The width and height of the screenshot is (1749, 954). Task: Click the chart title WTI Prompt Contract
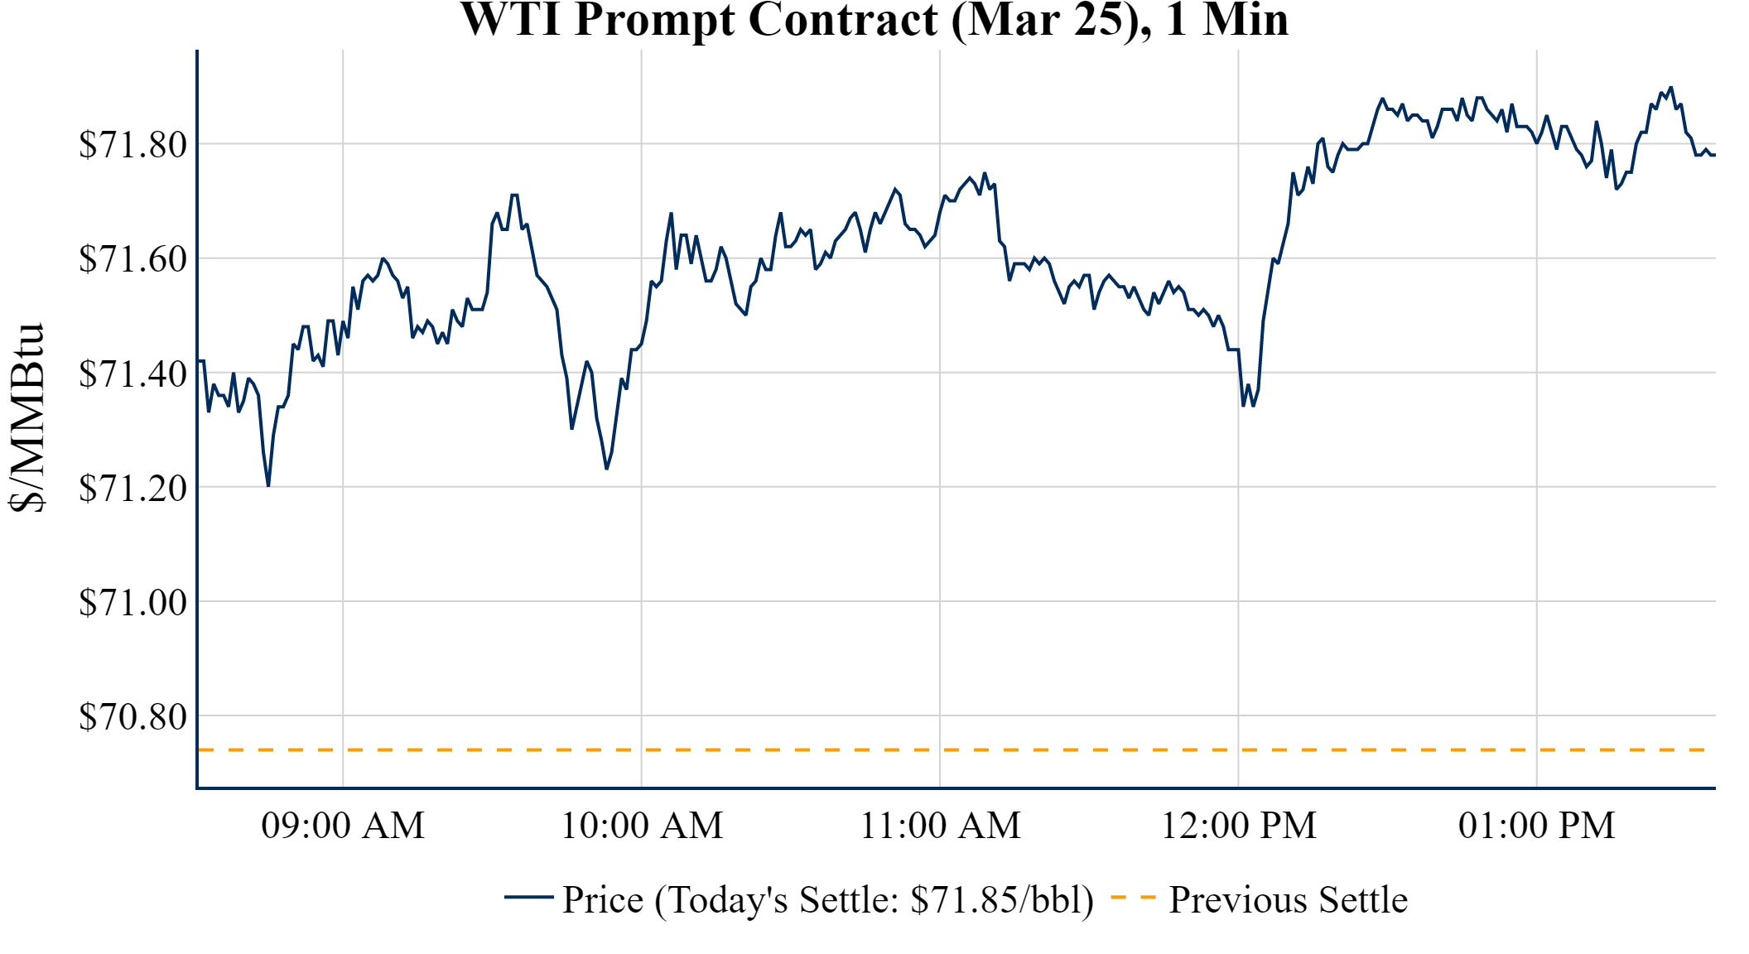(x=874, y=20)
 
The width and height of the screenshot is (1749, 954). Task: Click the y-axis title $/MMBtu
(x=26, y=418)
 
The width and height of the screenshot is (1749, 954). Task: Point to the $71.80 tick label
(x=132, y=144)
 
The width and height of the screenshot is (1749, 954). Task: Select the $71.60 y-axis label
(x=132, y=258)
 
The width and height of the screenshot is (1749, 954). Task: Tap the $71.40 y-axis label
(x=132, y=373)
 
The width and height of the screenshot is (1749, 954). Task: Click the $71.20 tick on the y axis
(x=132, y=488)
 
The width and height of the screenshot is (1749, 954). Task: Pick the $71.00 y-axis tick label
(x=132, y=602)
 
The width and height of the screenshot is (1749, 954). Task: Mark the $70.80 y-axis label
(x=132, y=716)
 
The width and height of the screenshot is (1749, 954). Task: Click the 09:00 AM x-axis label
(x=343, y=826)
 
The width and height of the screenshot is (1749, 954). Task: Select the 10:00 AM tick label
(x=642, y=826)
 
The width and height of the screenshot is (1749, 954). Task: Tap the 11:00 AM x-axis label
(x=940, y=826)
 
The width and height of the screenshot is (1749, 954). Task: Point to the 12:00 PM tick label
(x=1238, y=826)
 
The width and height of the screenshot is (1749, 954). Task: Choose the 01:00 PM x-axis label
(x=1536, y=826)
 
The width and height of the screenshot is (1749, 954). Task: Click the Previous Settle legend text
(x=1288, y=900)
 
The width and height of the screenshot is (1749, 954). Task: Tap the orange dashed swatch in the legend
(x=1132, y=897)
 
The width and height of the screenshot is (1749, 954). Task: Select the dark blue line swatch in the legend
(x=528, y=897)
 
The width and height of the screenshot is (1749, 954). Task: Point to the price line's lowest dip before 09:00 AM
(x=268, y=485)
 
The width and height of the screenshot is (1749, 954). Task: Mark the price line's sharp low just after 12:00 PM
(x=1244, y=405)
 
